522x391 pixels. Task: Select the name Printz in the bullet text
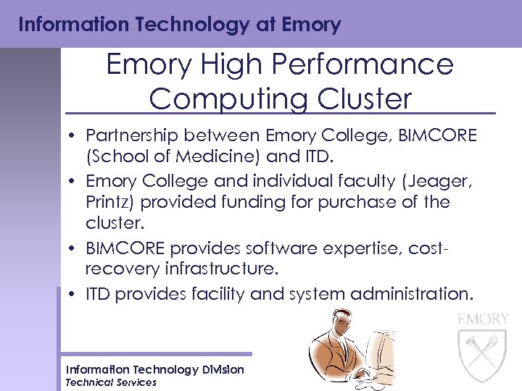click(x=109, y=202)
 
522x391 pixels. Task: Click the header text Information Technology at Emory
click(x=180, y=25)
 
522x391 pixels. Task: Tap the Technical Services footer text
click(x=111, y=382)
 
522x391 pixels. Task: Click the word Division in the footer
click(x=224, y=370)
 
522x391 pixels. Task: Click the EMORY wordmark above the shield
click(x=484, y=319)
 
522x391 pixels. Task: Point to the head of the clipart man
click(x=338, y=326)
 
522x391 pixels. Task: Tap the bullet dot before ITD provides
click(x=75, y=294)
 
